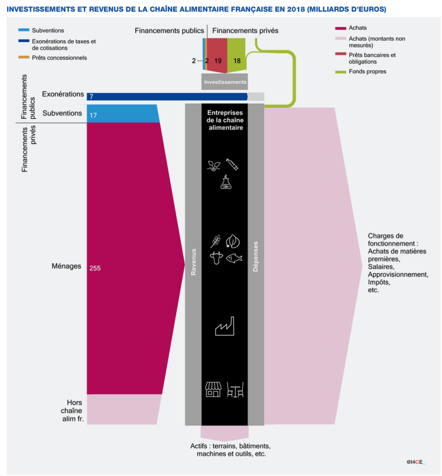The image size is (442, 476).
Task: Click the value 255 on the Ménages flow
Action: coord(95,269)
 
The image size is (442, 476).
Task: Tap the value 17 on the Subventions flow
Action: coord(93,115)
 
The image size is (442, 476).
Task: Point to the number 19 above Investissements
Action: coord(218,60)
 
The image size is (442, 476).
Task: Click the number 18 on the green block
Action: coord(237,60)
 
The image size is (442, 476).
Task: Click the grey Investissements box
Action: coord(224,82)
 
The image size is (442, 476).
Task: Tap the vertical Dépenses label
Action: coord(256,256)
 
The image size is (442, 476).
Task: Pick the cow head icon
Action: coord(215,258)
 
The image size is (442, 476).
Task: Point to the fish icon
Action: coord(234,258)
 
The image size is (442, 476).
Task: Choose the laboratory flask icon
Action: coord(224,182)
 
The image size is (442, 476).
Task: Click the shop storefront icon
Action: coord(213,389)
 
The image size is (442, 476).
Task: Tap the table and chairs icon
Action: coord(235,389)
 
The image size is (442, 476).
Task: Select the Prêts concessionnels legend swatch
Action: coord(23,58)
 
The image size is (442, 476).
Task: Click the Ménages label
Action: coord(66,266)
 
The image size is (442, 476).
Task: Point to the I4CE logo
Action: coord(416,461)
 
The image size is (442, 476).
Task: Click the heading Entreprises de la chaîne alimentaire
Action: coord(224,120)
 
